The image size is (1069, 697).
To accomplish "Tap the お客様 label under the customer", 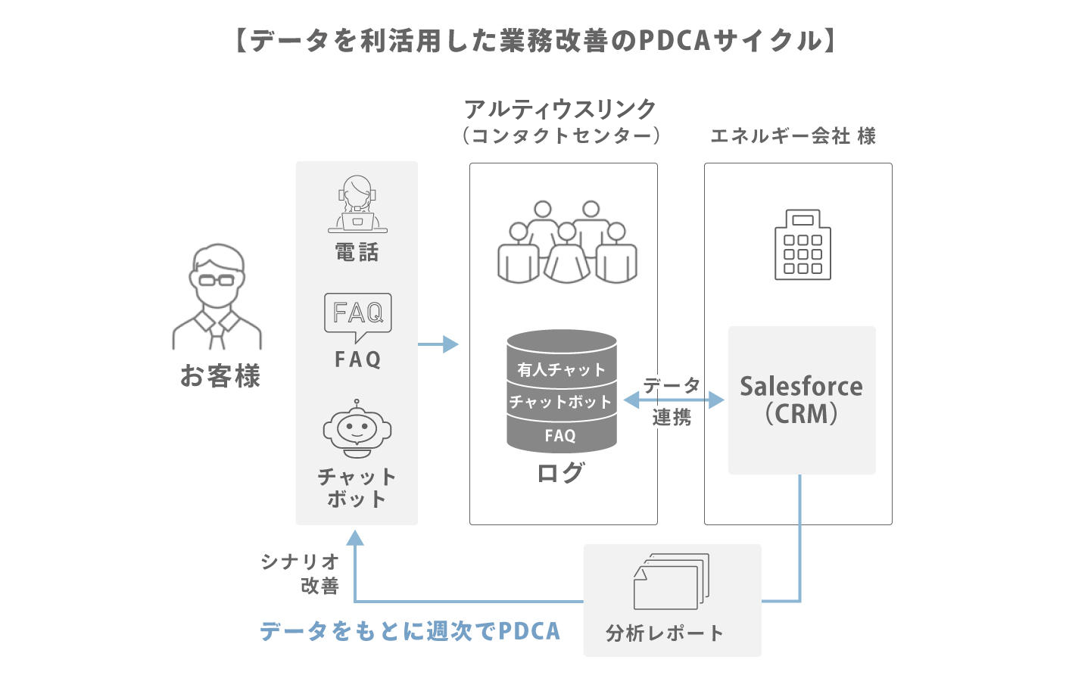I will [220, 376].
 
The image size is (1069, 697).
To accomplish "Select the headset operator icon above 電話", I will [357, 204].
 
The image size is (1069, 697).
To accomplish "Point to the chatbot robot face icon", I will [357, 429].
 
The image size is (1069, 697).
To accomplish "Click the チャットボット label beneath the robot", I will [357, 487].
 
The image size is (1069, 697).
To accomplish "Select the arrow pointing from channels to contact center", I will [438, 345].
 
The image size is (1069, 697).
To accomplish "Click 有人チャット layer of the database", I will [562, 369].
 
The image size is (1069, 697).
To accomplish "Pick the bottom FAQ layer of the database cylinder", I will [560, 436].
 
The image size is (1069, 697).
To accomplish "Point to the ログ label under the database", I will [561, 473].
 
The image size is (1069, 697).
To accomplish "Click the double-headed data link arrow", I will [673, 400].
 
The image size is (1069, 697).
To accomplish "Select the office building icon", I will [803, 245].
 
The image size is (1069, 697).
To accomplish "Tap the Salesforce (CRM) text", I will [801, 400].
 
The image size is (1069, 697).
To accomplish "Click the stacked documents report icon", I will [671, 581].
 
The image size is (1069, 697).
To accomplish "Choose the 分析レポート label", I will [665, 633].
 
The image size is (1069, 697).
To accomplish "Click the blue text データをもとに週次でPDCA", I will [410, 631].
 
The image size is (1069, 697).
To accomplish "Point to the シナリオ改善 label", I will [301, 573].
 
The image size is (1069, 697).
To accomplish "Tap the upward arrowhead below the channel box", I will [355, 538].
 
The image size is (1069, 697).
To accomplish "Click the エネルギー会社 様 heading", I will [793, 136].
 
